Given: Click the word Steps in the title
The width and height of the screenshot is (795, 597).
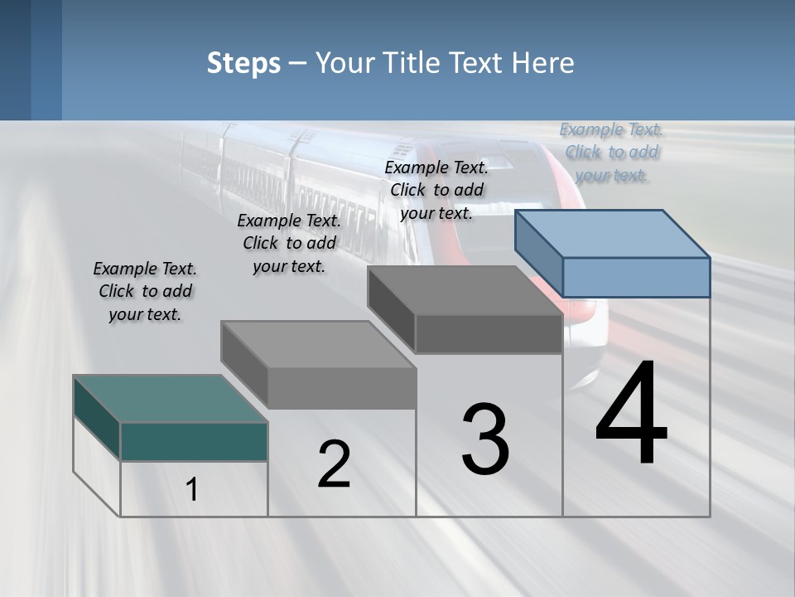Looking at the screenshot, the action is tap(243, 63).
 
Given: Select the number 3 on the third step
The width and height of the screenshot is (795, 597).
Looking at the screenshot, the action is tap(485, 439).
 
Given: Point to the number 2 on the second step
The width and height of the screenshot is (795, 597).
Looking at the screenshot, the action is tap(334, 464).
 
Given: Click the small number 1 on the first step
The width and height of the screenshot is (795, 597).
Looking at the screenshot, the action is tap(192, 490).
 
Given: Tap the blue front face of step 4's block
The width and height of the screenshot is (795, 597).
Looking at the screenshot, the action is tap(636, 277).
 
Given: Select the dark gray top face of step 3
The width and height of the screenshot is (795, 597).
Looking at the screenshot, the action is tap(465, 290).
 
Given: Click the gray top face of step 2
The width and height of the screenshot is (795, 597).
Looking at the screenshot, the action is tap(318, 344).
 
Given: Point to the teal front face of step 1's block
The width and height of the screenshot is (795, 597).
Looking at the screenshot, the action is tap(194, 441).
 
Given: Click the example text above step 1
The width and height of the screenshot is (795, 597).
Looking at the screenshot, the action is tap(145, 291).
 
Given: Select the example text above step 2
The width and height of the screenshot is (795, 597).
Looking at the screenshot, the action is tap(289, 243).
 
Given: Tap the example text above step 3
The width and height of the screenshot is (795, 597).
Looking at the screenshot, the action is tap(436, 190).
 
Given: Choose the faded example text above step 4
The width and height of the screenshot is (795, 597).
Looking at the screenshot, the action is tap(611, 152).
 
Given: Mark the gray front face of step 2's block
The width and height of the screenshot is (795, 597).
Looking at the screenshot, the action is tap(341, 388).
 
